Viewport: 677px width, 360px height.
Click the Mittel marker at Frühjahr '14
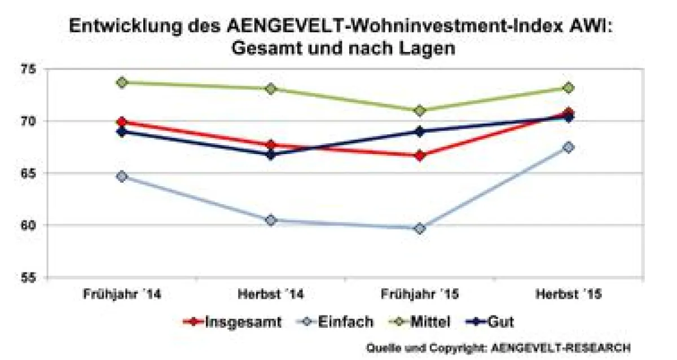pos(121,82)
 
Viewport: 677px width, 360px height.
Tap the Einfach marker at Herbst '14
pos(271,220)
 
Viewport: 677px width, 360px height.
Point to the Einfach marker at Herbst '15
pos(568,147)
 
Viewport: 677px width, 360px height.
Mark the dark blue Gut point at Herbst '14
pos(271,154)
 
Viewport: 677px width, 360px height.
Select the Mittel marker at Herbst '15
pos(568,87)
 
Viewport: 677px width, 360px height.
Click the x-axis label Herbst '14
pos(270,295)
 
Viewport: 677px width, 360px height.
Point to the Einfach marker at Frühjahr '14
pos(121,176)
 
